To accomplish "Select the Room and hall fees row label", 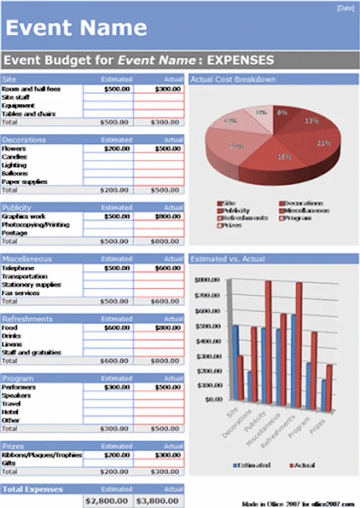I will click(x=31, y=89).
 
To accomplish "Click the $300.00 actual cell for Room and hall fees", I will click(x=159, y=89).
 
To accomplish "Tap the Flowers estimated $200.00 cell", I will click(x=108, y=148).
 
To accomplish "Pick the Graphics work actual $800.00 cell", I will click(x=159, y=216).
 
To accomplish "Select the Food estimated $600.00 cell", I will click(x=108, y=327).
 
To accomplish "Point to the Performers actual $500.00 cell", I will click(x=159, y=387).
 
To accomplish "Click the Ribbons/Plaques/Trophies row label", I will click(x=42, y=455).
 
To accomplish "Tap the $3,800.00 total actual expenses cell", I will click(x=159, y=501).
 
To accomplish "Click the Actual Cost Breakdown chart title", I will click(x=233, y=80).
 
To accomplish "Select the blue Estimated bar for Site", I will click(x=235, y=361).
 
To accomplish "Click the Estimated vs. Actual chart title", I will click(x=228, y=259).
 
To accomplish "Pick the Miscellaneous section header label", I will click(x=27, y=259).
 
